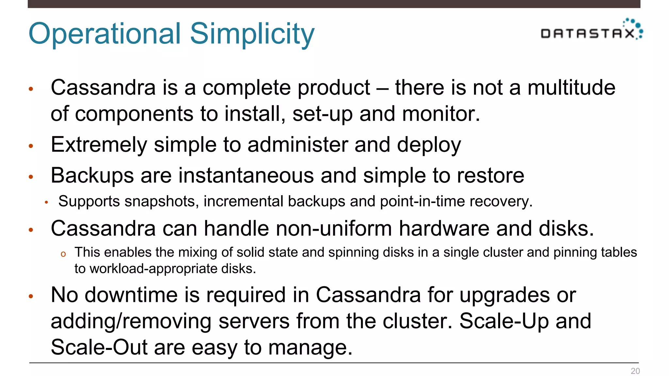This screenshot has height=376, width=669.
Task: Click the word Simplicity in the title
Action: tap(252, 34)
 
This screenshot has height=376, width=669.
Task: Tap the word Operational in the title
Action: tap(105, 34)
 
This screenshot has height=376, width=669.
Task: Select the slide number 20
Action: tap(635, 371)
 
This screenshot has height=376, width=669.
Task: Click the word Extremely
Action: tap(99, 145)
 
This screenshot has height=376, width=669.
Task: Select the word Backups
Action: tap(92, 176)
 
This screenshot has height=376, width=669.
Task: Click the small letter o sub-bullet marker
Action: tap(63, 254)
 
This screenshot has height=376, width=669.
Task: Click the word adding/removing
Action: tap(131, 321)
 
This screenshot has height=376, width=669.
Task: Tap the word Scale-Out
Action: tap(99, 347)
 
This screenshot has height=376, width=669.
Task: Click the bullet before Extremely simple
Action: tap(31, 146)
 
